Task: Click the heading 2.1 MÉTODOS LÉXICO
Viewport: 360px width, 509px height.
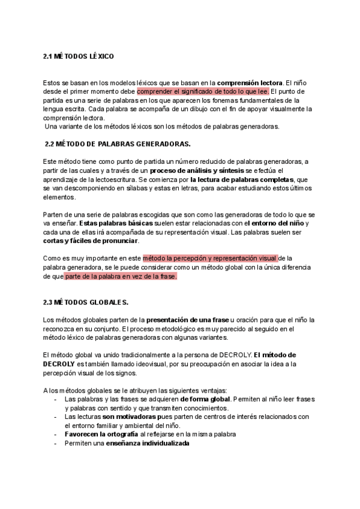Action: click(79, 56)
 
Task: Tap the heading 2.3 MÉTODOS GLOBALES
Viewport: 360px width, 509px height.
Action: click(86, 301)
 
